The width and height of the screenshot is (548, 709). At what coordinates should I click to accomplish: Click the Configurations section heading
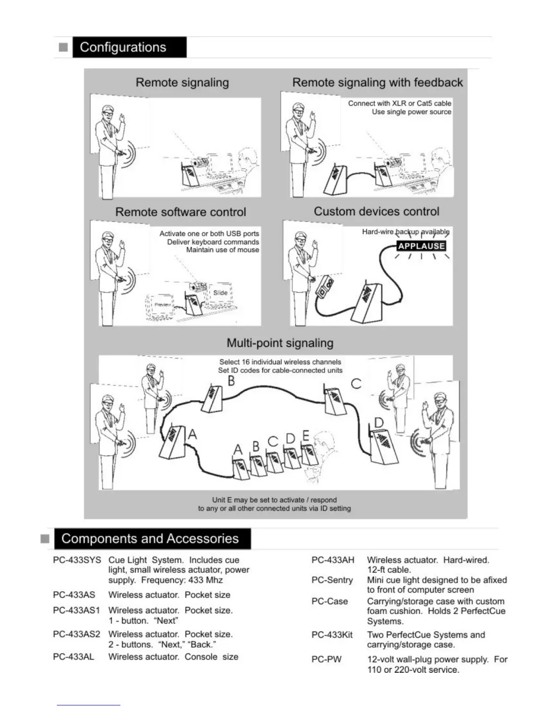[123, 47]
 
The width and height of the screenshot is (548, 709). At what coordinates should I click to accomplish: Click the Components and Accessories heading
[150, 538]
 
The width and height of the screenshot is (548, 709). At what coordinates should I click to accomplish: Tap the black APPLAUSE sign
[421, 246]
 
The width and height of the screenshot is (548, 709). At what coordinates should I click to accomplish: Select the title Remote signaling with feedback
[377, 82]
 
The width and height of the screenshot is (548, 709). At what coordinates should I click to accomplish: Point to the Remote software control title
[181, 212]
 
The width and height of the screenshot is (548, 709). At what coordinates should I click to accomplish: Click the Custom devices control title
[377, 211]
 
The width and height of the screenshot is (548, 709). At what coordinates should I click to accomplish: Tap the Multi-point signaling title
[280, 343]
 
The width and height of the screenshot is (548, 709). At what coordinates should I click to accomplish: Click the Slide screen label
[220, 293]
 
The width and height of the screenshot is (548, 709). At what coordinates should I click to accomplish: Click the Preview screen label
[163, 304]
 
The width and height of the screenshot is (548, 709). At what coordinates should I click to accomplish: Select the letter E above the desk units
[306, 436]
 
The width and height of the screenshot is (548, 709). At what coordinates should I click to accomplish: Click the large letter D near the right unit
[379, 423]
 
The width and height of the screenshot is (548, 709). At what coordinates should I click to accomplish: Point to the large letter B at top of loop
[231, 381]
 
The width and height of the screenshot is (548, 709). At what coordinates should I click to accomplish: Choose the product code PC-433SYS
[77, 560]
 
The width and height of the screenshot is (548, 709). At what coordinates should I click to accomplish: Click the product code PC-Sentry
[332, 580]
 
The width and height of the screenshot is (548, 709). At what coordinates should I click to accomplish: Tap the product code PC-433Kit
[332, 635]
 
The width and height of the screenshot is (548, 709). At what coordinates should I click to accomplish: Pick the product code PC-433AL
[73, 657]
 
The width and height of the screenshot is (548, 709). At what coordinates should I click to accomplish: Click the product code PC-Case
[330, 601]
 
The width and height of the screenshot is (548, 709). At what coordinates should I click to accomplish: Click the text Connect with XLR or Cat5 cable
[399, 103]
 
